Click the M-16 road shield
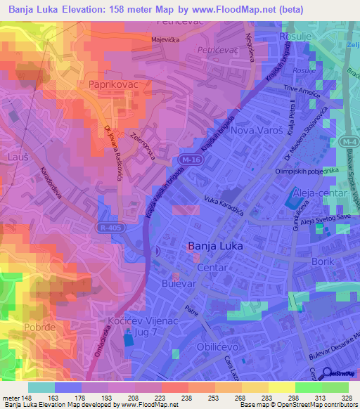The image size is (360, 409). coord(187,161)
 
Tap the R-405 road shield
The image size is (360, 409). coord(107,228)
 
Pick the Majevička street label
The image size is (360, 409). coord(167,40)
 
